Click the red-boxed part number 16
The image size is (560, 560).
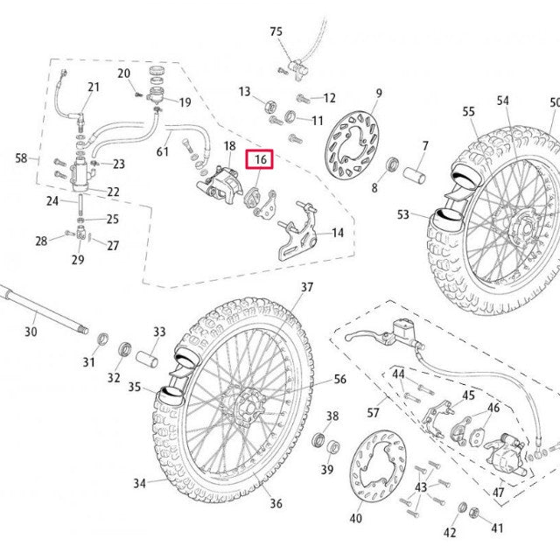[x=260, y=160]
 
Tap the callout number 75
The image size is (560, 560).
[x=276, y=31]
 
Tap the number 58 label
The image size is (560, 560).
[x=22, y=158]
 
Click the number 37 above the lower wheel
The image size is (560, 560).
[x=307, y=287]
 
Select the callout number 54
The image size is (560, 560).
[x=502, y=101]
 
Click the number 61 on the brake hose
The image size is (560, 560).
[x=163, y=152]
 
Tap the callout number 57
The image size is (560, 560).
[x=373, y=412]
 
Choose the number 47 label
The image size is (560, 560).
[x=499, y=493]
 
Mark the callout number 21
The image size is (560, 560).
[x=94, y=87]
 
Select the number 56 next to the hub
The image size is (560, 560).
[x=340, y=379]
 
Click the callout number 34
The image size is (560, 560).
[x=140, y=483]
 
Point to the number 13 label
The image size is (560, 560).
[x=244, y=92]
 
